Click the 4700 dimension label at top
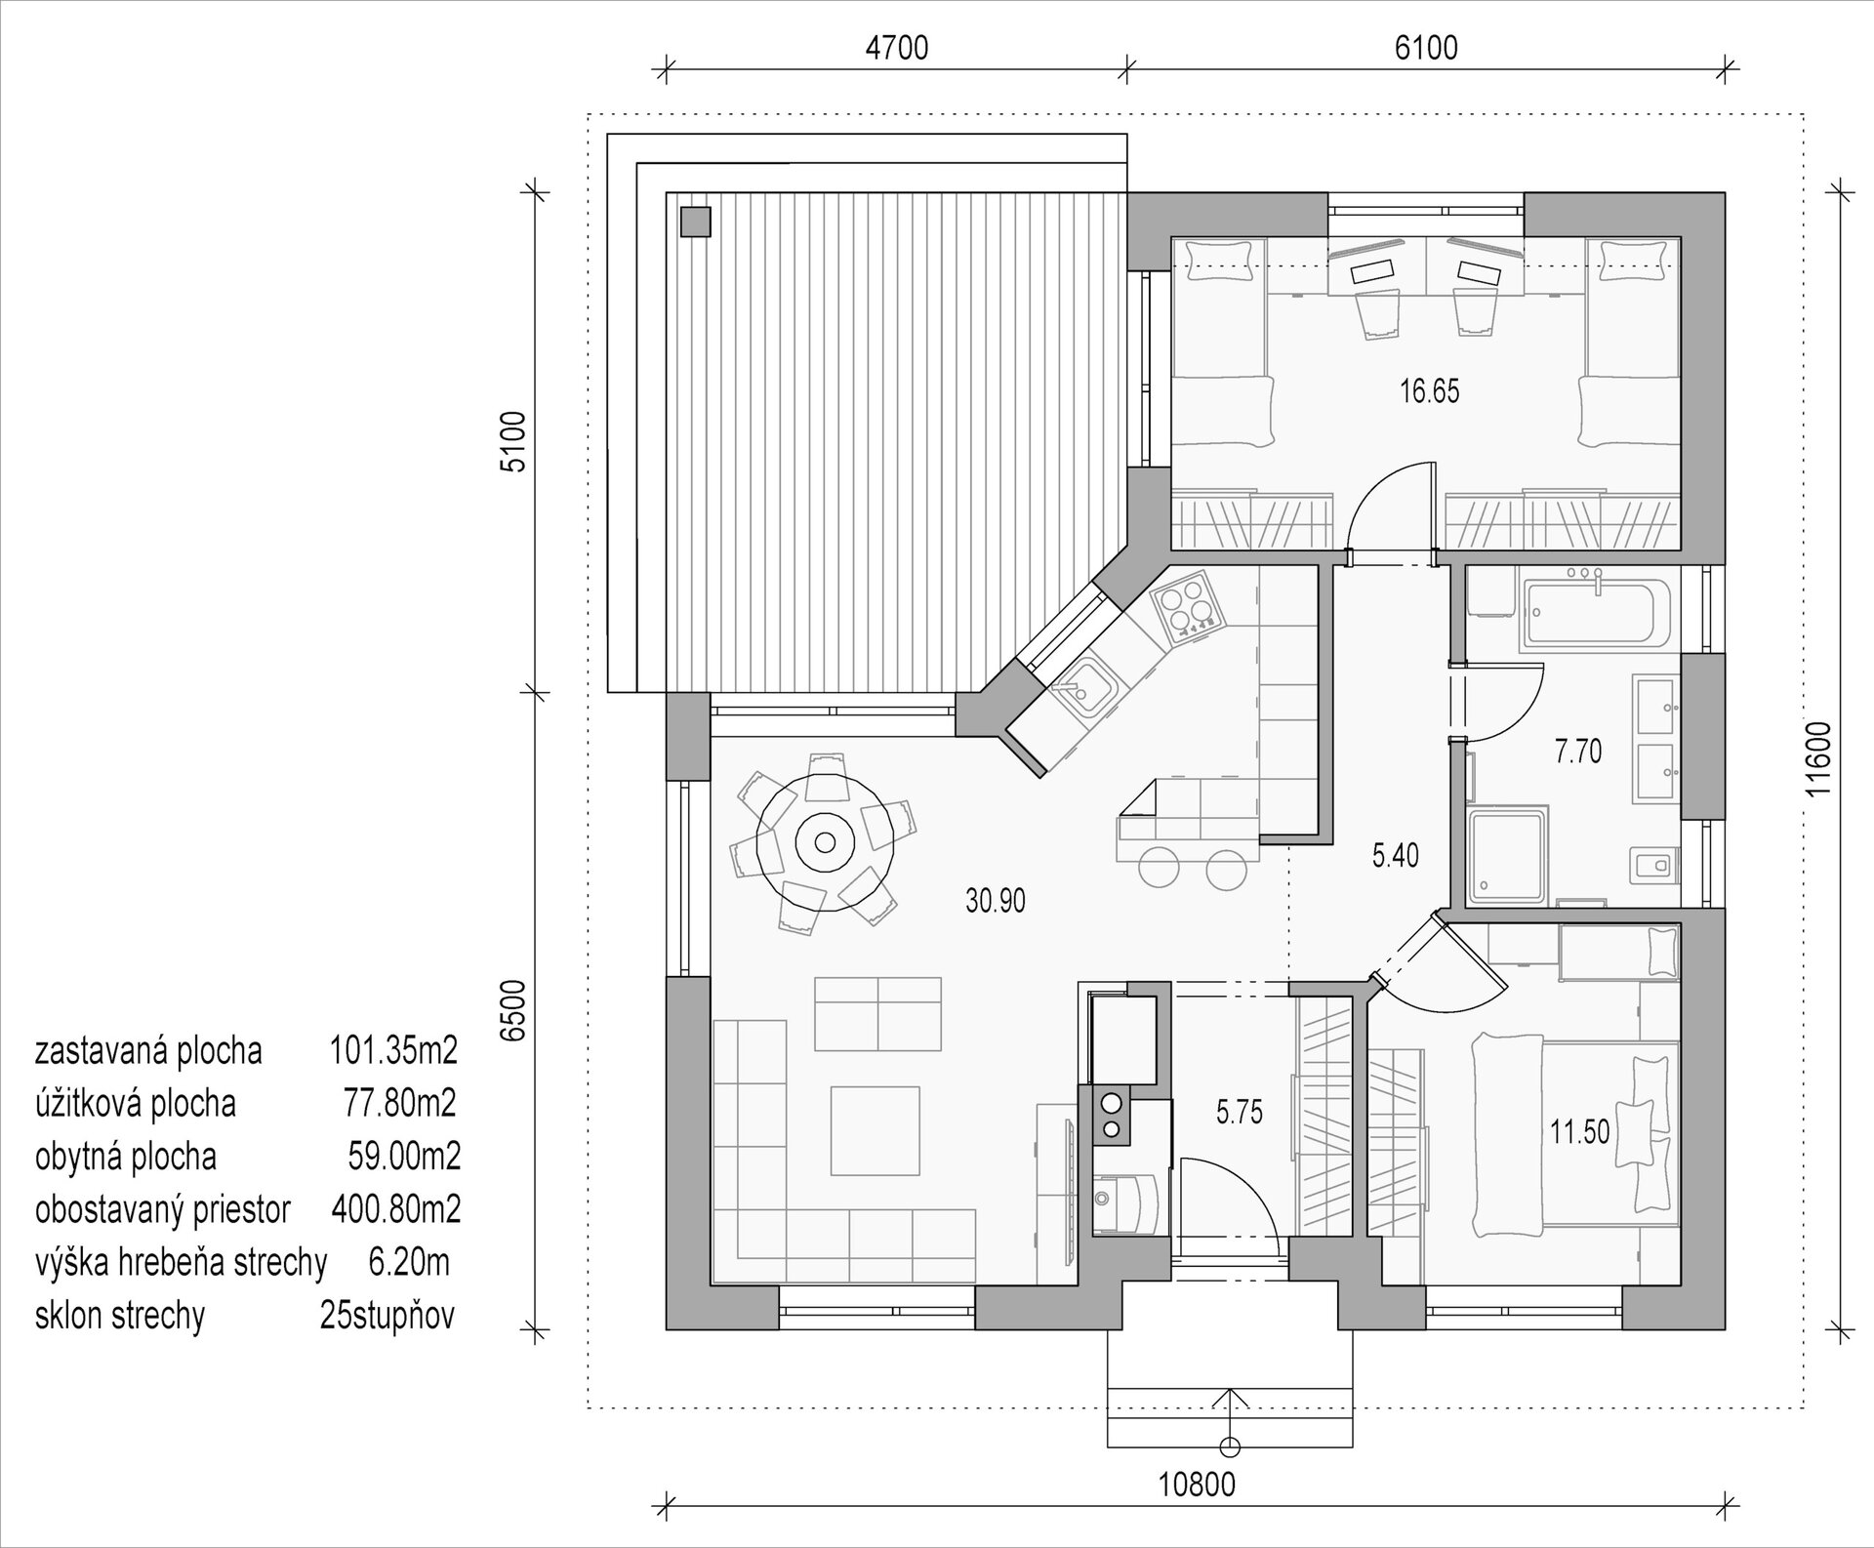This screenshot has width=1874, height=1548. tap(896, 47)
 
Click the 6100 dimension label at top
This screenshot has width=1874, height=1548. tap(1426, 47)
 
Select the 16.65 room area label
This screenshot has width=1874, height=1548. tap(1429, 391)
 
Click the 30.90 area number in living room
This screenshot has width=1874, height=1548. tap(996, 900)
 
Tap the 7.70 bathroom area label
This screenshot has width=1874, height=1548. tap(1578, 752)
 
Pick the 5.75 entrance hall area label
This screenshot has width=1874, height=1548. tap(1240, 1112)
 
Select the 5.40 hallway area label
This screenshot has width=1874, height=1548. tap(1396, 856)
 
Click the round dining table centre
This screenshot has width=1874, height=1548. tap(826, 841)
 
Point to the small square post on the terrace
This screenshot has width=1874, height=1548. tap(695, 222)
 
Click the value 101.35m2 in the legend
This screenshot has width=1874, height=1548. tap(393, 1050)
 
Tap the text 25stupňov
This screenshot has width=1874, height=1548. tap(387, 1315)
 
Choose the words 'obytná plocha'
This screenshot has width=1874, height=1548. tap(126, 1157)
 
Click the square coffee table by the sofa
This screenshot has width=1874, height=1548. tap(876, 1130)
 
